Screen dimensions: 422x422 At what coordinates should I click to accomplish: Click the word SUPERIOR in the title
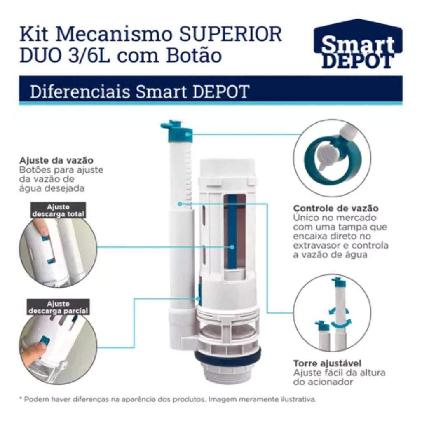click(x=231, y=34)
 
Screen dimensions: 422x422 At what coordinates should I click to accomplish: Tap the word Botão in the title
click(x=194, y=55)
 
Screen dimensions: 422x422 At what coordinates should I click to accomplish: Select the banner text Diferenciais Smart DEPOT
click(x=140, y=91)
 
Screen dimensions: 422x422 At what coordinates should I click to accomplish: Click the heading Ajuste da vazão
click(x=56, y=160)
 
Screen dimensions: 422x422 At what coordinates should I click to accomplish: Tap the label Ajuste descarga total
click(x=58, y=211)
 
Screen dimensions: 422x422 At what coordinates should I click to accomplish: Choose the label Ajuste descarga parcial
click(x=58, y=307)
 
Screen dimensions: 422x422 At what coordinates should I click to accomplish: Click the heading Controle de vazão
click(x=336, y=208)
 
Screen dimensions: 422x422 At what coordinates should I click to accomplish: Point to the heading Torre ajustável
click(x=327, y=363)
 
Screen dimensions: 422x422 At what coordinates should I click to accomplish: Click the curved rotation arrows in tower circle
click(x=340, y=318)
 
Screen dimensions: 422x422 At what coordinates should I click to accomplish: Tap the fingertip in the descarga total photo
click(x=40, y=227)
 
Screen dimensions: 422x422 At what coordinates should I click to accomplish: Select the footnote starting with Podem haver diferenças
click(x=168, y=399)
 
